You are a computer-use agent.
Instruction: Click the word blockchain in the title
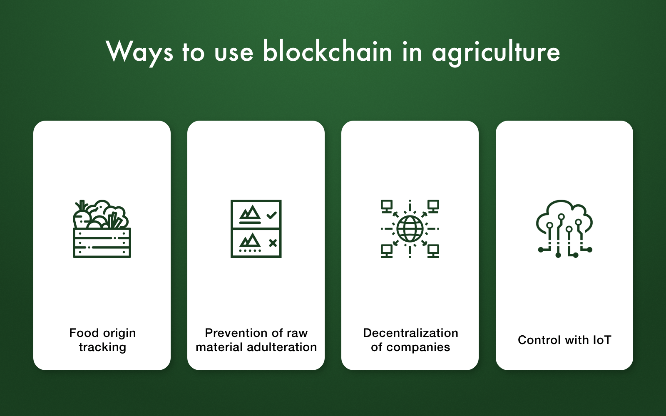(327, 52)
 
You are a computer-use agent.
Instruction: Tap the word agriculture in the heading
(496, 54)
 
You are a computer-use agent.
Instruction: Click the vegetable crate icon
(102, 228)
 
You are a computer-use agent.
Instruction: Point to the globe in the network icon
(410, 229)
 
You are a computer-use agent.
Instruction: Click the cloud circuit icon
(564, 228)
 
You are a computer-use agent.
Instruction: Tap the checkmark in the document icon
(271, 215)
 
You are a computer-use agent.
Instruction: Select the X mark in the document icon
(273, 243)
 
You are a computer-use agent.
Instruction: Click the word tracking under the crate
(102, 347)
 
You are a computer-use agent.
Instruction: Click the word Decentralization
(410, 333)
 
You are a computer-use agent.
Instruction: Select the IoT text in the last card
(602, 340)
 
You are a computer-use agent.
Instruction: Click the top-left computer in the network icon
(387, 206)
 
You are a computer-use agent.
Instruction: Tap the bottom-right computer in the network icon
(433, 251)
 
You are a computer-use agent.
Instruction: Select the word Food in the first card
(83, 333)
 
